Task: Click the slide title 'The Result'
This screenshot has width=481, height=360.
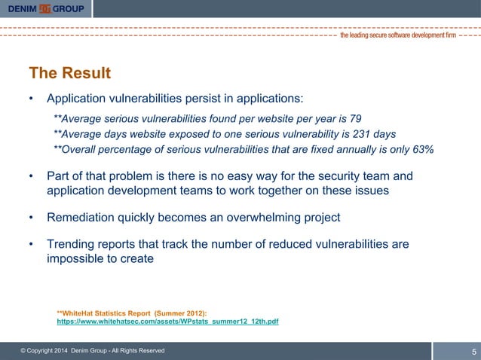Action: pyautogui.click(x=69, y=73)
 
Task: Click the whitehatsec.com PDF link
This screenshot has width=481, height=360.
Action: pyautogui.click(x=167, y=322)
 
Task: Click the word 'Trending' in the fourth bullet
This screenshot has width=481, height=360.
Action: pyautogui.click(x=72, y=244)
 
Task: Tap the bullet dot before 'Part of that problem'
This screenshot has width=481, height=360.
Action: pyautogui.click(x=31, y=176)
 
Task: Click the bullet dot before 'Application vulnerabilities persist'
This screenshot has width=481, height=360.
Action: pyautogui.click(x=31, y=99)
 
